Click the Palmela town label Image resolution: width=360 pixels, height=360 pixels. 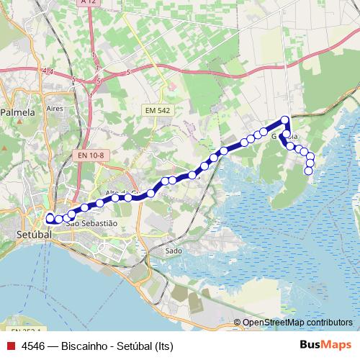pyautogui.click(x=17, y=112)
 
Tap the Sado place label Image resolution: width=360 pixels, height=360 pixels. pyautogui.click(x=174, y=251)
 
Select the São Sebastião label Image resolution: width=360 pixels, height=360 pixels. pyautogui.click(x=91, y=224)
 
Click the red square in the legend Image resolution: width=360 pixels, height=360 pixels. pyautogui.click(x=11, y=346)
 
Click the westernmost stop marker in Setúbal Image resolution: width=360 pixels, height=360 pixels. pyautogui.click(x=50, y=217)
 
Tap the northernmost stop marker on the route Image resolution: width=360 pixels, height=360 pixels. pyautogui.click(x=285, y=120)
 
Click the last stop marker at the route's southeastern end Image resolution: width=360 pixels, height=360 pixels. pyautogui.click(x=309, y=171)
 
